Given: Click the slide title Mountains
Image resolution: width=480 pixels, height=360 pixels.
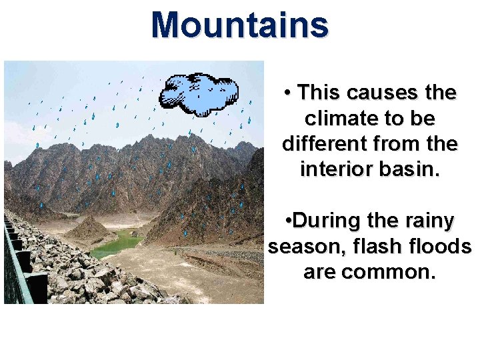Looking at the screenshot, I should click(240, 25).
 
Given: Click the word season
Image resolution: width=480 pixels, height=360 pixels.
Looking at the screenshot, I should click(303, 247).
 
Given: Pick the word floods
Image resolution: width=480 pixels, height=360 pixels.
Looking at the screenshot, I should click(441, 247).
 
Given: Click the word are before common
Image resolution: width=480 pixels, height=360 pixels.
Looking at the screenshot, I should click(318, 272).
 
